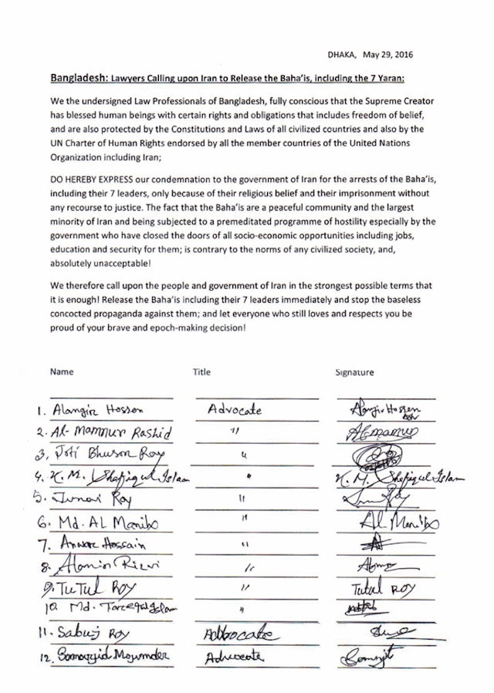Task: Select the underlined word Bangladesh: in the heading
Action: [x=76, y=79]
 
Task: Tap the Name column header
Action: [x=62, y=372]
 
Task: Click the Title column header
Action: [x=201, y=372]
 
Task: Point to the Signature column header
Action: [x=354, y=372]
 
